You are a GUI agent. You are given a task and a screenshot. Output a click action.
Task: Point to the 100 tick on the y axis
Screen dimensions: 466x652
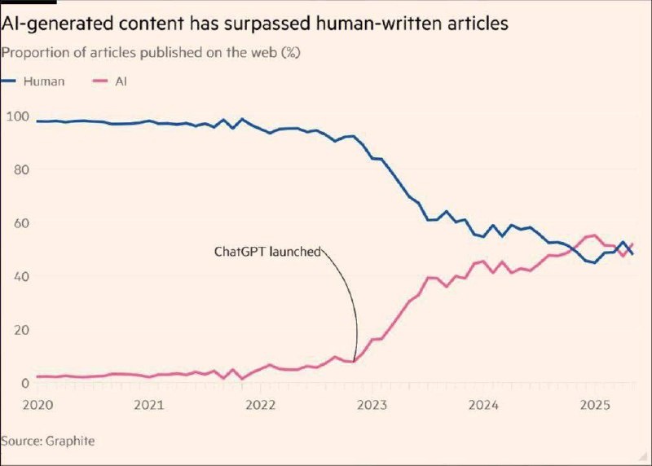(x=17, y=116)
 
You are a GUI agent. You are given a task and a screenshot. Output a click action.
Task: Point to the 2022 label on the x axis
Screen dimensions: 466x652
(x=260, y=404)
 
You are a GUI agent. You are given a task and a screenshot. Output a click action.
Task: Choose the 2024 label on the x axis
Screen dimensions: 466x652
(x=484, y=404)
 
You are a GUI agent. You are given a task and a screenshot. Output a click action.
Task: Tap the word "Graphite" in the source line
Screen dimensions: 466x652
(x=70, y=441)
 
